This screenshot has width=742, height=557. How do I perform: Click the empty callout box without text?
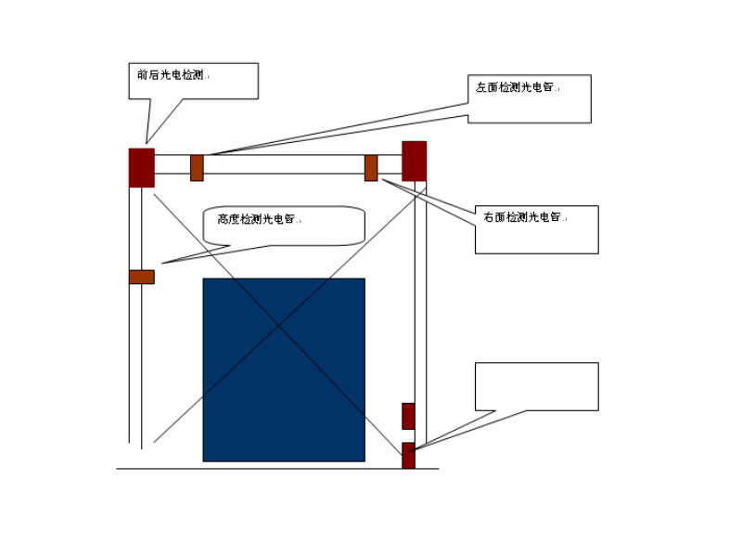point(536,386)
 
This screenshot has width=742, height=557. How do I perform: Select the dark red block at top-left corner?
point(141,167)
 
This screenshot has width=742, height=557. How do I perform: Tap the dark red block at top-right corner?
point(414,161)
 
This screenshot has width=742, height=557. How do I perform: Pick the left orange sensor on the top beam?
point(197,168)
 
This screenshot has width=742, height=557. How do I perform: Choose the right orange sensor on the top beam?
point(371,168)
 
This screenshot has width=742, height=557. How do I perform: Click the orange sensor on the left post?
point(141,276)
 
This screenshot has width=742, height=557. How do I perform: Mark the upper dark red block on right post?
point(408,416)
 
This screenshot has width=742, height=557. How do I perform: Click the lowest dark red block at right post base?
point(408,456)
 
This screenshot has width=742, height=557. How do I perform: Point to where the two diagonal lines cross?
point(278,324)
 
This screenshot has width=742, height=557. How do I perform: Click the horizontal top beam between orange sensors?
point(284,164)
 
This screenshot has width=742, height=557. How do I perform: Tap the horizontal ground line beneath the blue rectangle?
point(278,469)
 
